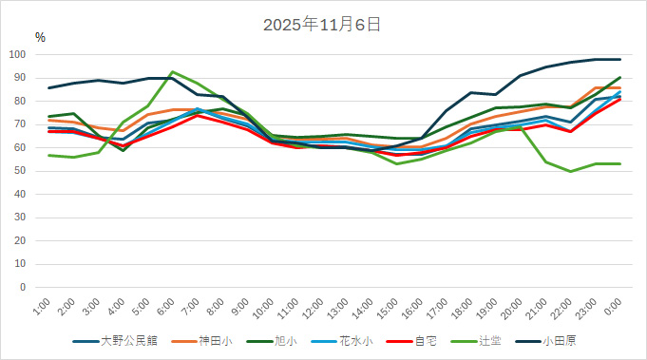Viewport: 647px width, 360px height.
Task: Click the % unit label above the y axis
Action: coord(40,37)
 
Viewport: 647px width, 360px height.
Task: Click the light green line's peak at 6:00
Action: coord(172,72)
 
